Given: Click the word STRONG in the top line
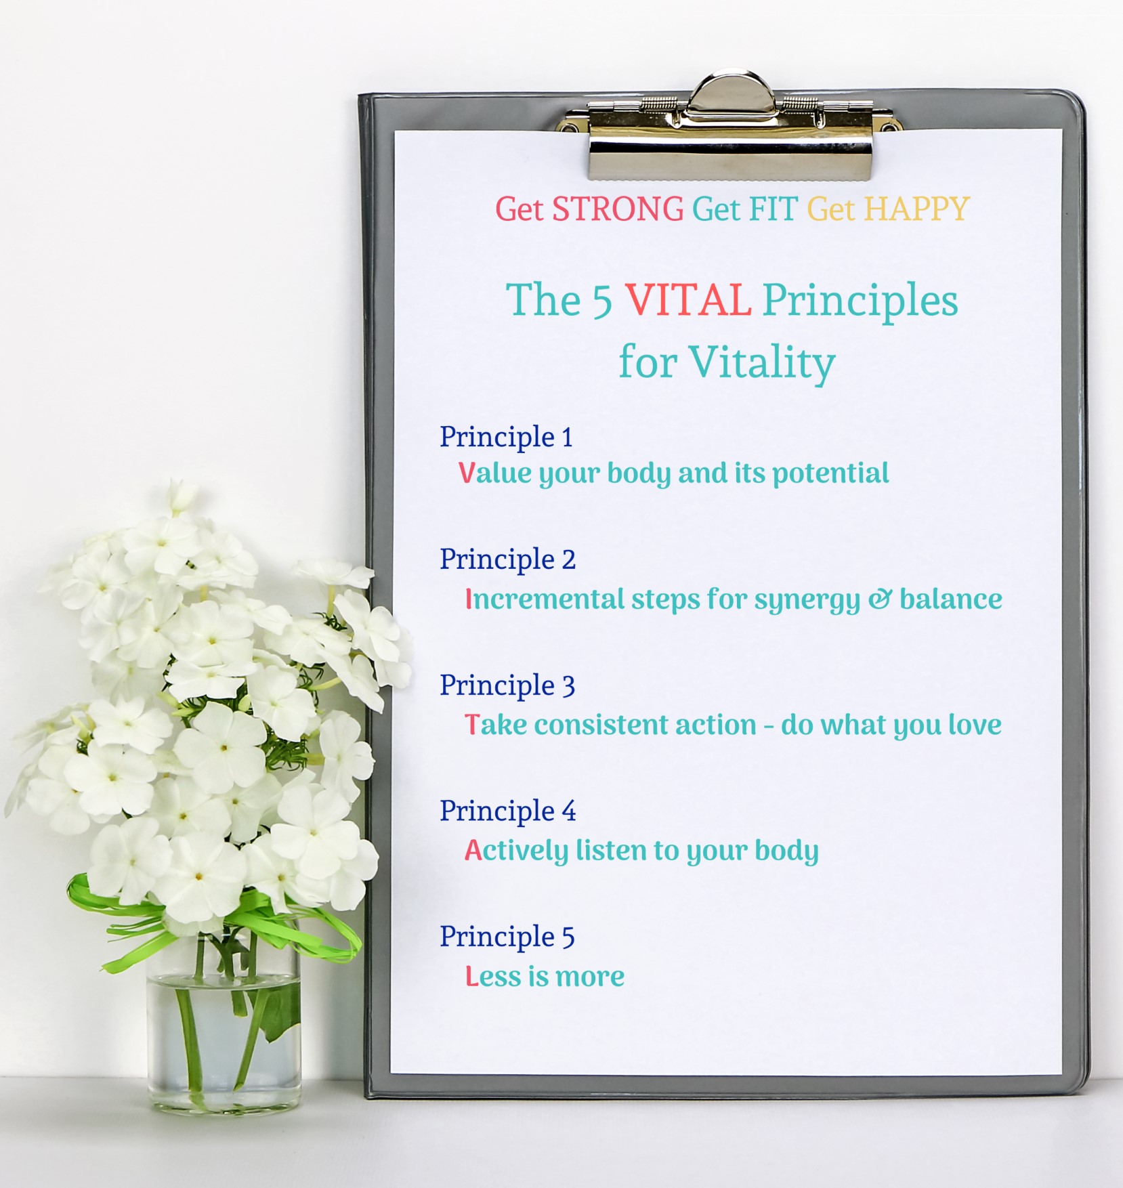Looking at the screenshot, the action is click(x=618, y=209).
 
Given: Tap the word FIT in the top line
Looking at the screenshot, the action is click(x=772, y=209).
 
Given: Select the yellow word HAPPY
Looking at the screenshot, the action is click(x=917, y=209).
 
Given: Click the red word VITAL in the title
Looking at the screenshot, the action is click(x=687, y=300).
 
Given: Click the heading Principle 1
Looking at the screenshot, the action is click(x=506, y=438).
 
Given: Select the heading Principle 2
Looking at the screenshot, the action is click(x=507, y=560).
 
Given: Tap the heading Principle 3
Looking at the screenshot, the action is click(x=507, y=686).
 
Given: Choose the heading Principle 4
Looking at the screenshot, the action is click(x=507, y=811).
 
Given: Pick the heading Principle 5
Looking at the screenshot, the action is click(x=507, y=937).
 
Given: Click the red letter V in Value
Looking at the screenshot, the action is click(x=467, y=473).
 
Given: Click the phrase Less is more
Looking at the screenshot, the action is click(x=545, y=977).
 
